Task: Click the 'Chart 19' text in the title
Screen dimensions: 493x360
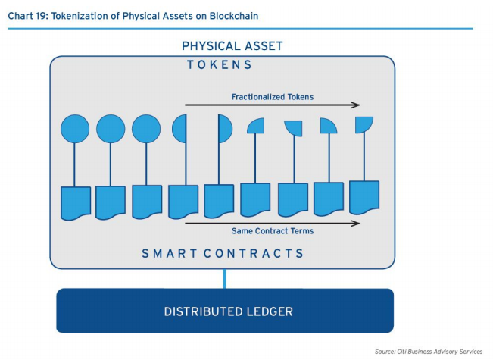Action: pyautogui.click(x=27, y=16)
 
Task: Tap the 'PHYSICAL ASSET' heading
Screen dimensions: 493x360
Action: pyautogui.click(x=232, y=46)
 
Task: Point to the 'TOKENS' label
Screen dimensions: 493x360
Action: pyautogui.click(x=219, y=65)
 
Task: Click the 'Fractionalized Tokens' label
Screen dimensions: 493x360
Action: pyautogui.click(x=273, y=97)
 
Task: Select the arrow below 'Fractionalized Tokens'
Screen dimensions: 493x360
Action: pyautogui.click(x=273, y=105)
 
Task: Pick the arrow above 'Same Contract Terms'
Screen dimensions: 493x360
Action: pyautogui.click(x=273, y=223)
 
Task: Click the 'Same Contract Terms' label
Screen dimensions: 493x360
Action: pyautogui.click(x=273, y=231)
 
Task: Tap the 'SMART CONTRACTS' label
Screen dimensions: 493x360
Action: pyautogui.click(x=223, y=253)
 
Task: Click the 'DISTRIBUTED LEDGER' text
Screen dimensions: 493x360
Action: pyautogui.click(x=228, y=311)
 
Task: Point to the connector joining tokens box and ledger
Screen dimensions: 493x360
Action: pyautogui.click(x=224, y=279)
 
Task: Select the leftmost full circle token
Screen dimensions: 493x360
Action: pyautogui.click(x=75, y=129)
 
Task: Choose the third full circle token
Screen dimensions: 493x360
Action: pyautogui.click(x=146, y=129)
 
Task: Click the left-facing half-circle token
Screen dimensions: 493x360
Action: pyautogui.click(x=179, y=129)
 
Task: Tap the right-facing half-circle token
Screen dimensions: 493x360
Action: pyautogui.click(x=225, y=129)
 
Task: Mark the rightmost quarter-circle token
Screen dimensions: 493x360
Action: pyautogui.click(x=364, y=124)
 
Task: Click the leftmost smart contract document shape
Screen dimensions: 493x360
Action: pyautogui.click(x=76, y=203)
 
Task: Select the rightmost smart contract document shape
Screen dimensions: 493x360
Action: pyautogui.click(x=364, y=198)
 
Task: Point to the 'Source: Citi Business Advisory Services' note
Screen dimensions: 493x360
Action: pyautogui.click(x=429, y=352)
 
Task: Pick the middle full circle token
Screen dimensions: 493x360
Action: pyautogui.click(x=111, y=129)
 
